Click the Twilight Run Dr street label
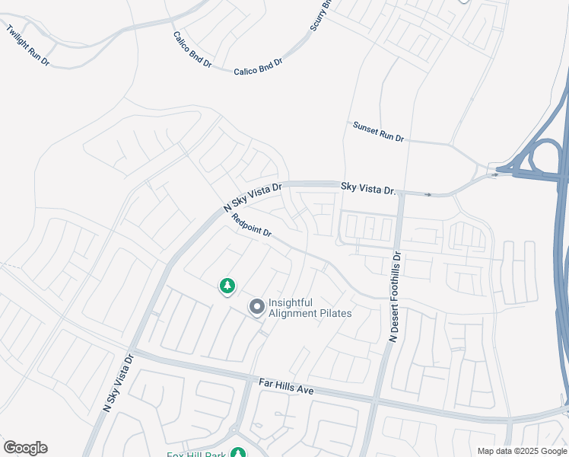tap(27, 46)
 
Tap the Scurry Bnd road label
tap(321, 16)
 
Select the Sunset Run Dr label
tap(378, 132)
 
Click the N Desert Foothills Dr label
tap(395, 297)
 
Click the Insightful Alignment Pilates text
tap(310, 308)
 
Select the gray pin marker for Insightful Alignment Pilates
tap(257, 307)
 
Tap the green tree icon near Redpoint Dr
tap(227, 286)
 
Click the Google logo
tap(25, 448)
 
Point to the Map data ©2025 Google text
tap(522, 451)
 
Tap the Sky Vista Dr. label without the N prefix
tap(369, 187)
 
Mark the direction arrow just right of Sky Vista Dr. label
tap(428, 195)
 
